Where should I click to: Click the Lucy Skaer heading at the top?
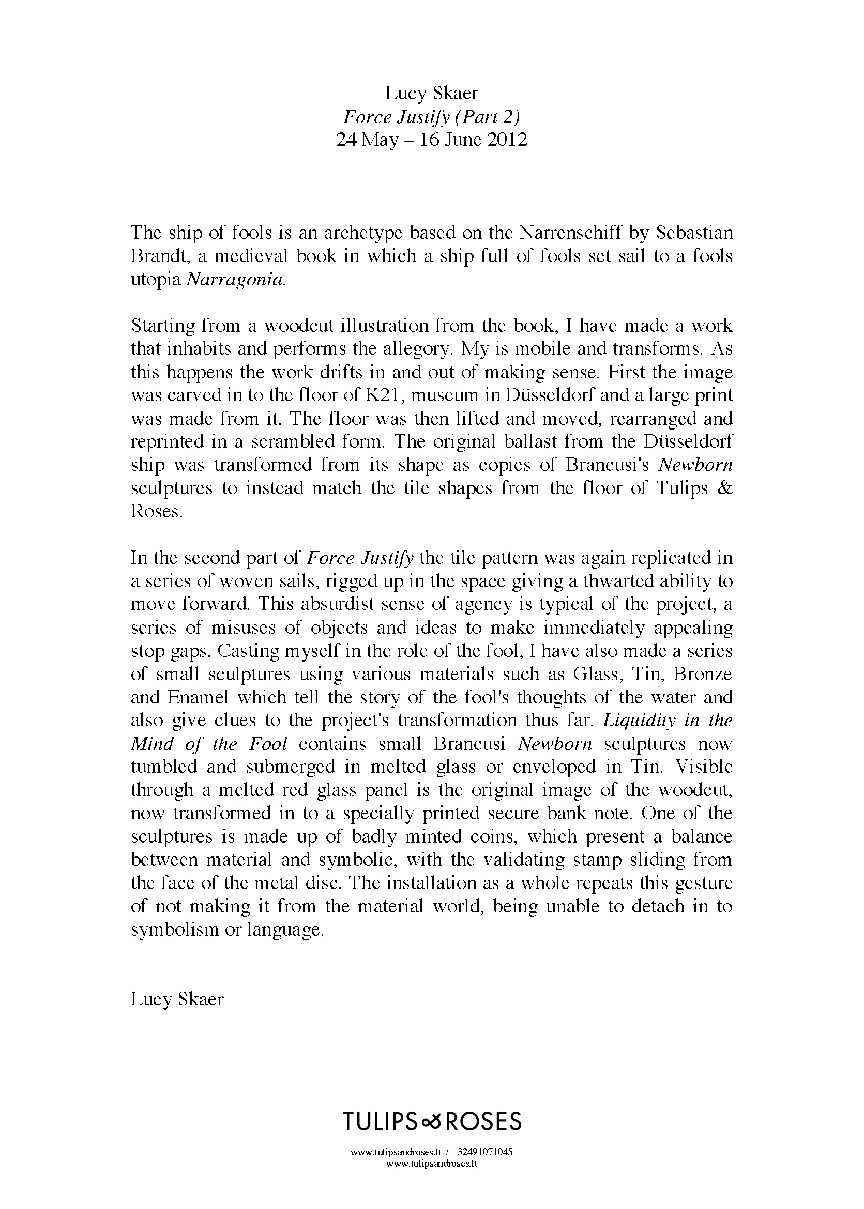(431, 94)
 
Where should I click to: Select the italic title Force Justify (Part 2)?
(431, 116)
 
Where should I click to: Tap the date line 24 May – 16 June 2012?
(431, 140)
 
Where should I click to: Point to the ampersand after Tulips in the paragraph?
(724, 488)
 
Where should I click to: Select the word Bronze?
(702, 674)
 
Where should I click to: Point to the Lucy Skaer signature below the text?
(177, 999)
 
